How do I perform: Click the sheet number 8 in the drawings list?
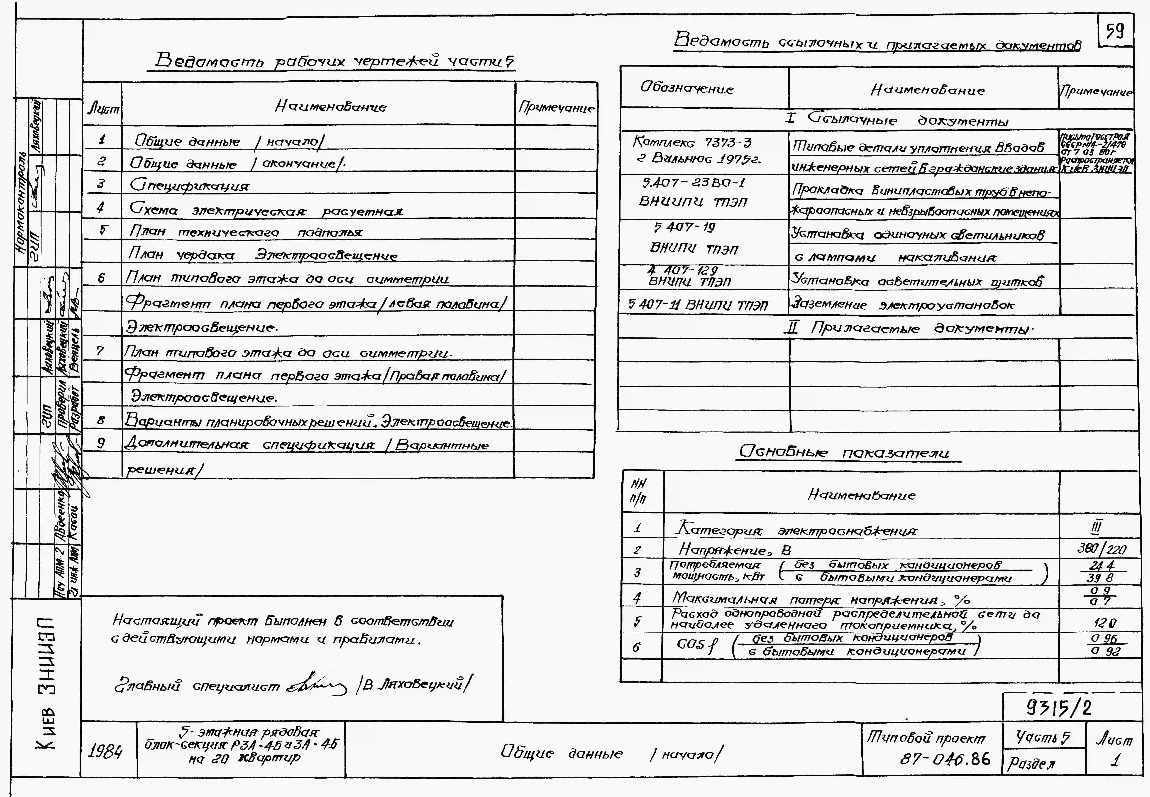tap(101, 421)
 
